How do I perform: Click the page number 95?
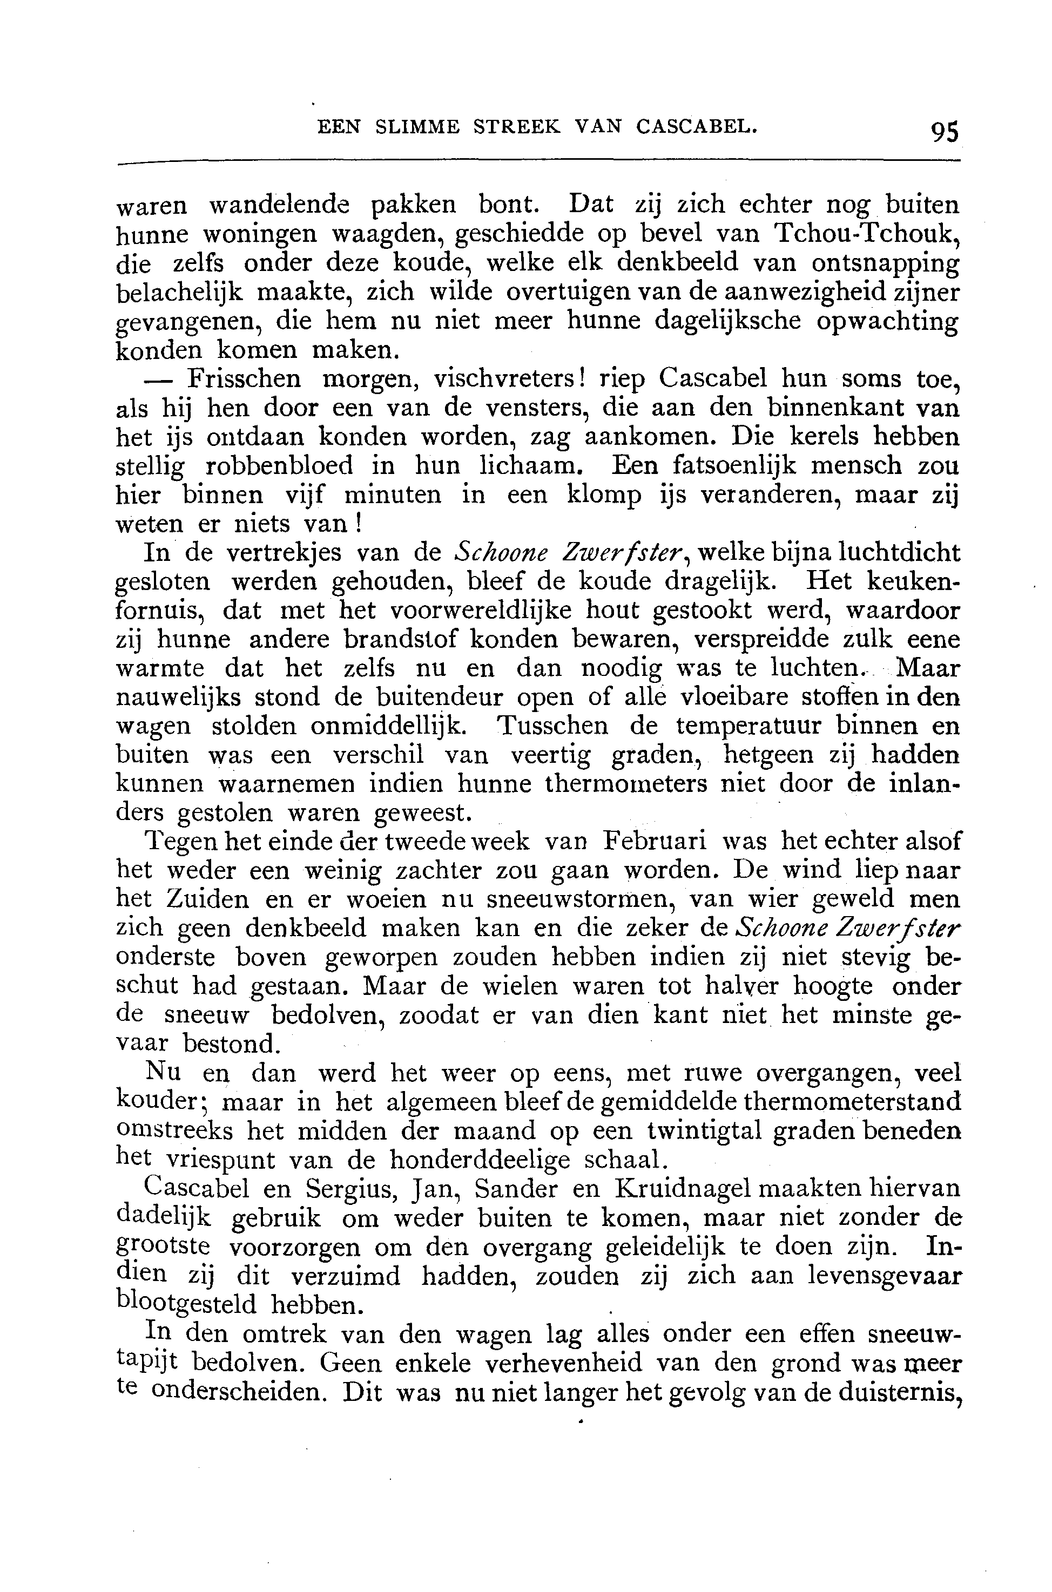(x=945, y=131)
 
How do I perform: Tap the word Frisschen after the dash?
(x=244, y=380)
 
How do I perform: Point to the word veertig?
(x=550, y=756)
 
